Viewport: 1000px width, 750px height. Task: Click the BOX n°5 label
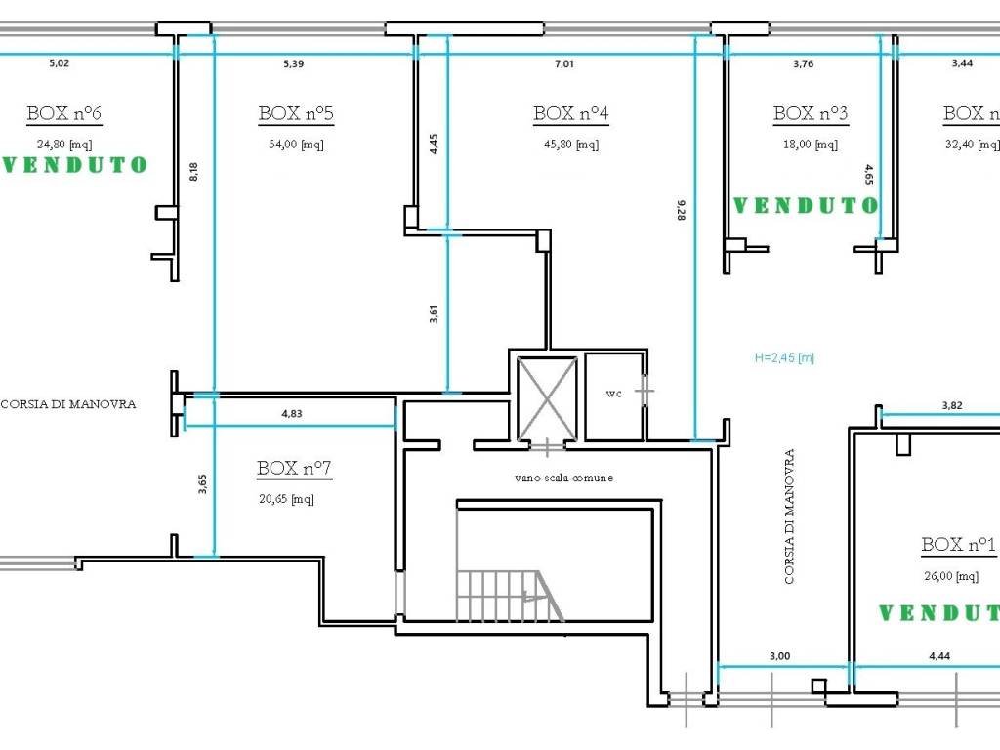(296, 113)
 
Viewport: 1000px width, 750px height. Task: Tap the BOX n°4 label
(570, 113)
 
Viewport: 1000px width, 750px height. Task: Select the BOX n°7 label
(294, 468)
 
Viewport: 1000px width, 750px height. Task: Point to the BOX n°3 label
(811, 113)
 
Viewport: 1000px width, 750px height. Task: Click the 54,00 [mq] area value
(296, 145)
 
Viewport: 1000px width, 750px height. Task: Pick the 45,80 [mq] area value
(570, 145)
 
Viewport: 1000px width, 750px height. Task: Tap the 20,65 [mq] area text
(286, 499)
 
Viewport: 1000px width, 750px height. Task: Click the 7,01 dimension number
(564, 63)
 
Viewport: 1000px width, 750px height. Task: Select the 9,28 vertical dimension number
(681, 210)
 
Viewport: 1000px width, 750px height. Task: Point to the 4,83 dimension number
(292, 413)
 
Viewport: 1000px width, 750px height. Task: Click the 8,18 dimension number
(194, 172)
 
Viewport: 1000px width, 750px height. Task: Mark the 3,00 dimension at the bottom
(779, 656)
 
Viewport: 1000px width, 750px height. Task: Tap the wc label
(614, 394)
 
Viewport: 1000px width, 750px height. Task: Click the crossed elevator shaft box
(547, 398)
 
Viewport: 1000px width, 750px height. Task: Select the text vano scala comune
(563, 477)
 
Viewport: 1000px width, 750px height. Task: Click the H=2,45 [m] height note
(784, 357)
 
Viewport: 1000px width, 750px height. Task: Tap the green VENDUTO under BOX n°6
(75, 165)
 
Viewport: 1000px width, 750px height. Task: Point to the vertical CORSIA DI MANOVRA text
(789, 517)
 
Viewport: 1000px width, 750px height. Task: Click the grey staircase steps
(508, 596)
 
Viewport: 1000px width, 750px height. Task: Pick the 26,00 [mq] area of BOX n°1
(951, 576)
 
